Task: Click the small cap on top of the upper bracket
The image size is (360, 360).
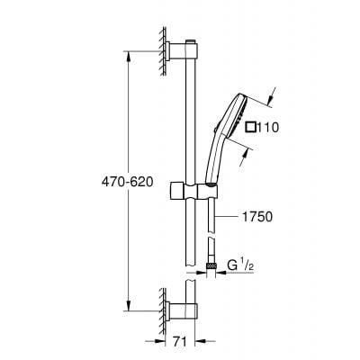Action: (190, 41)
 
